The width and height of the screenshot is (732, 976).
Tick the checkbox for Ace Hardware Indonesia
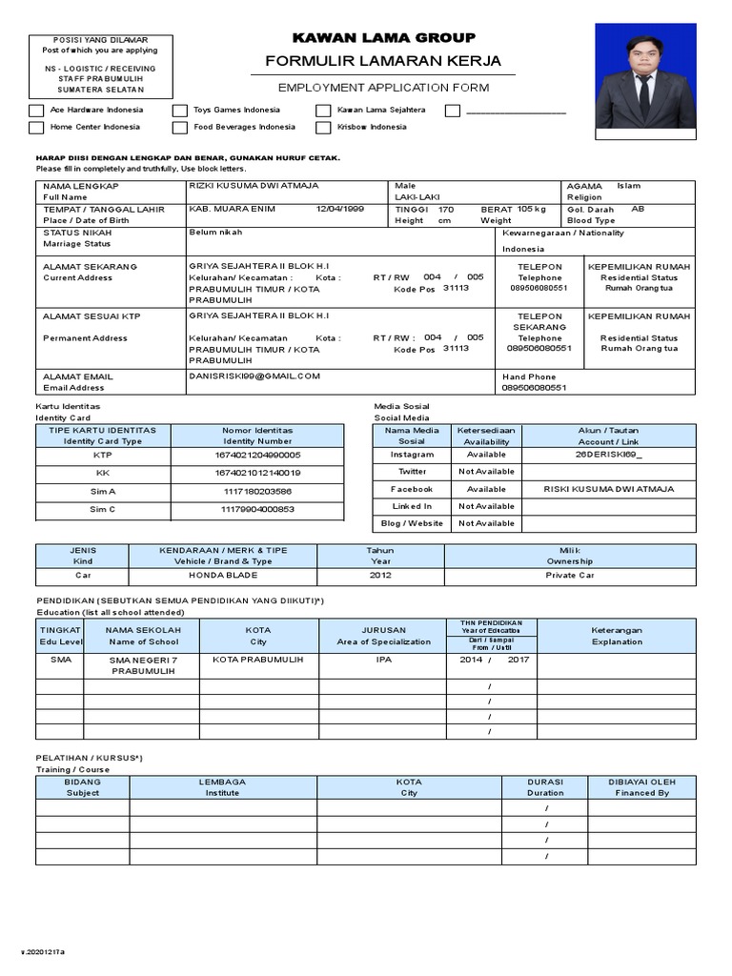(36, 111)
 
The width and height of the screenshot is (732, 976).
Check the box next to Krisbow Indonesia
(324, 127)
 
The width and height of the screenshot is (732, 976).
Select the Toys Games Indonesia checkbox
(180, 111)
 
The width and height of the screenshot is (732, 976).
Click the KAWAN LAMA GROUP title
(383, 38)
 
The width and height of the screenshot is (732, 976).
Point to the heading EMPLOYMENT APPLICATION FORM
(383, 88)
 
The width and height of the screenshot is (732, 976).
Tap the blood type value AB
(638, 209)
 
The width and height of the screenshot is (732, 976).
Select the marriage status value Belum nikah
(215, 232)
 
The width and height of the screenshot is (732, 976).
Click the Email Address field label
(73, 388)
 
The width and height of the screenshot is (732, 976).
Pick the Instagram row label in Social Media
(412, 455)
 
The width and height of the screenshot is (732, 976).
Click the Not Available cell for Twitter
(486, 472)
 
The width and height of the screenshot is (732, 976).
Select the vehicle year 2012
(380, 576)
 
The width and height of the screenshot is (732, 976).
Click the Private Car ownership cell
(570, 576)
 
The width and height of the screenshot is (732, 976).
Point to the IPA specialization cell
(383, 660)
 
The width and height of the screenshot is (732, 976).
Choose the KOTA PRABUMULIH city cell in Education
(257, 660)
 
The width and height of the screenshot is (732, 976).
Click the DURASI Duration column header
(545, 787)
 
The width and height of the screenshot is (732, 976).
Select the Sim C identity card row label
(103, 510)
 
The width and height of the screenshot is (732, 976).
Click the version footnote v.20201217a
(44, 952)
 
